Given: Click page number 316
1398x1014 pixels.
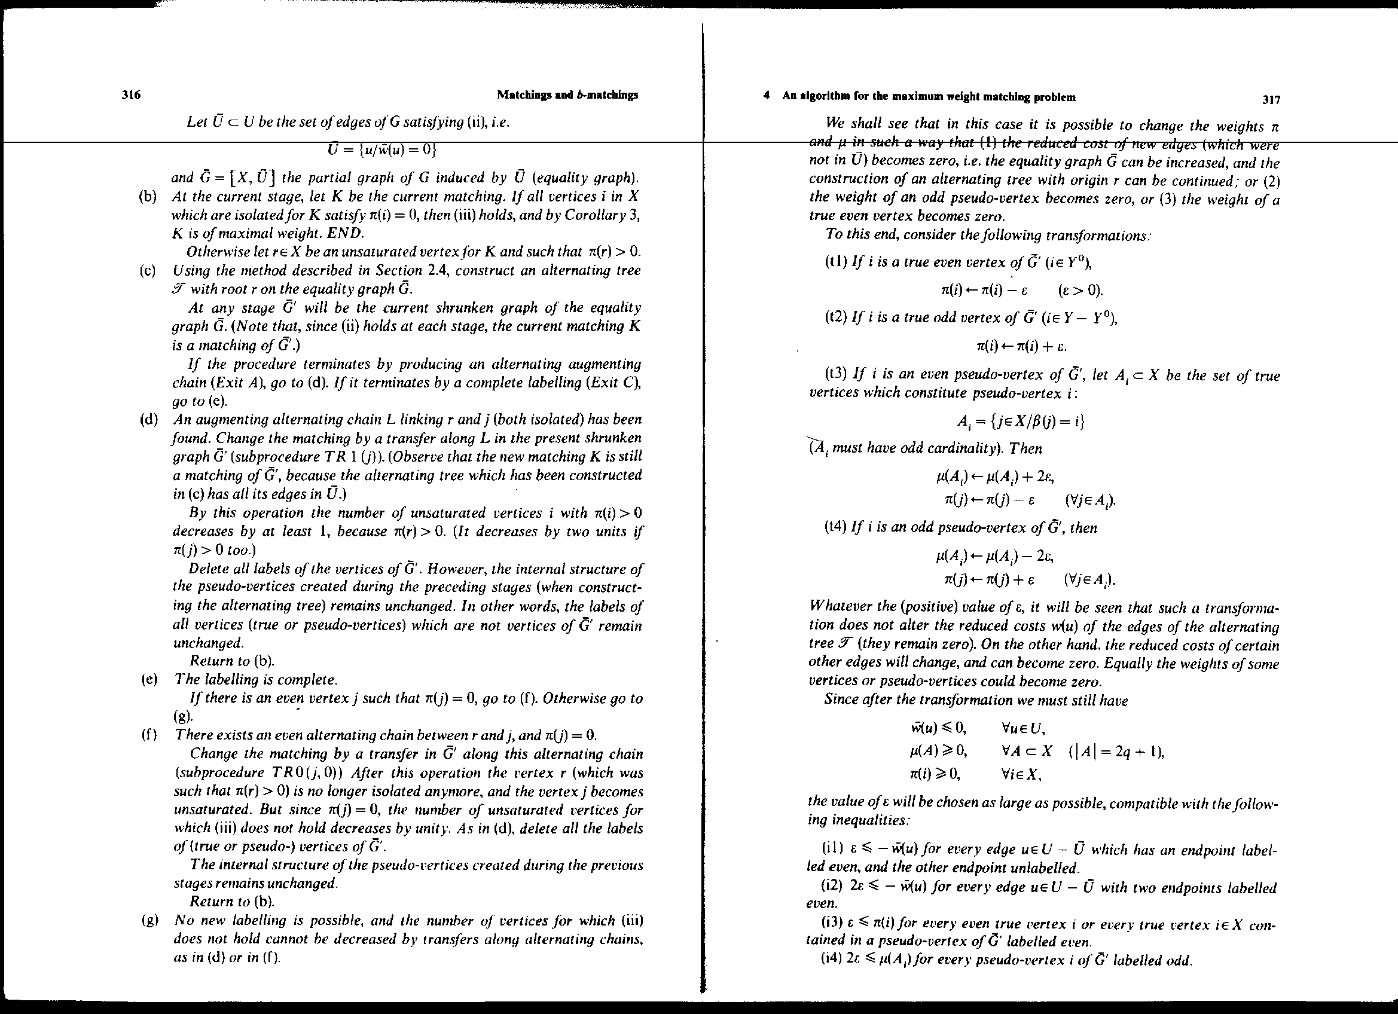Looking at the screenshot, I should pos(132,95).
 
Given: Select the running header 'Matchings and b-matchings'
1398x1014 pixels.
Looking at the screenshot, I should pos(567,95).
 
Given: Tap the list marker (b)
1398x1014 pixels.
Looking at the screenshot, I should pos(148,197).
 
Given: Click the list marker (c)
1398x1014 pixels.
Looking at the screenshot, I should pos(148,271).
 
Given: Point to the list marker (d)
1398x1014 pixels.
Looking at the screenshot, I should pos(148,420).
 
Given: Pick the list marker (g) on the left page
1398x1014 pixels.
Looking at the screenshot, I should pos(148,921).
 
